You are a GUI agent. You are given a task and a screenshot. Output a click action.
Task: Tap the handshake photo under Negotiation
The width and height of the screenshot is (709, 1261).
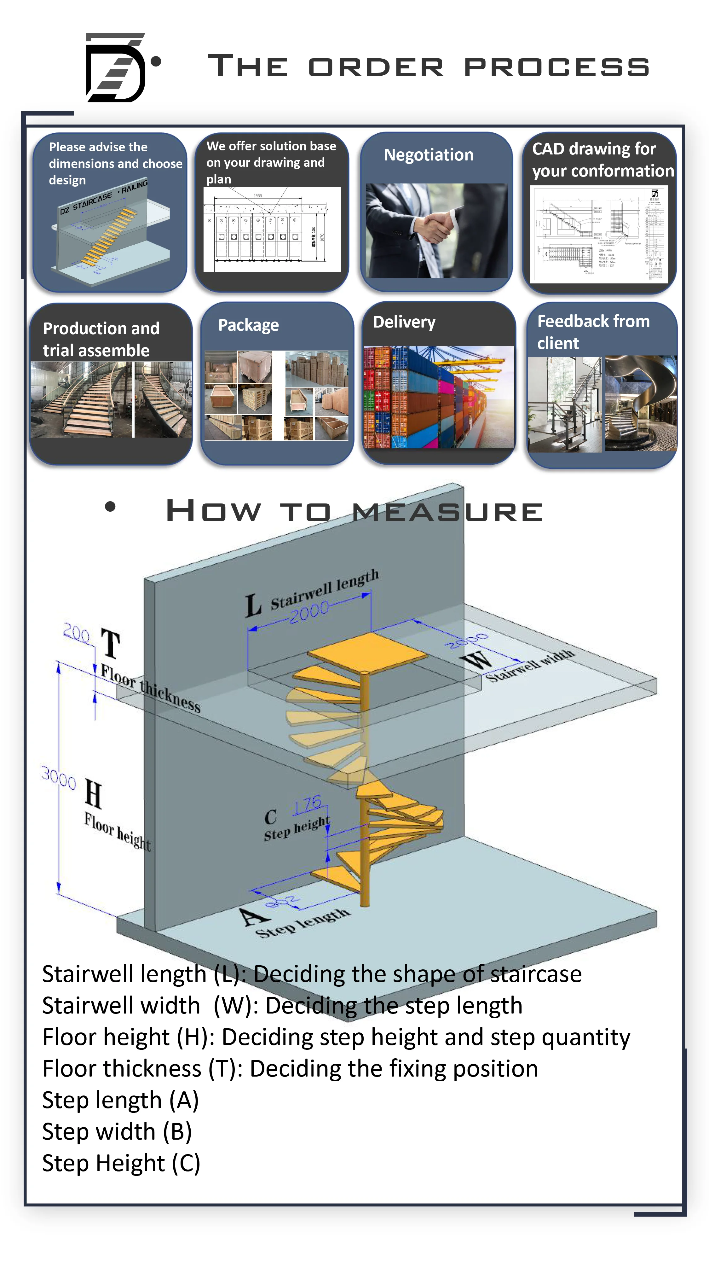[436, 230]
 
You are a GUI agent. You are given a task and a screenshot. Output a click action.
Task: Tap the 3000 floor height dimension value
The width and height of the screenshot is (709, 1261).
[59, 777]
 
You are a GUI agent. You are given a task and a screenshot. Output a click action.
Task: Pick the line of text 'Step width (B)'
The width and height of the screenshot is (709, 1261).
[117, 1132]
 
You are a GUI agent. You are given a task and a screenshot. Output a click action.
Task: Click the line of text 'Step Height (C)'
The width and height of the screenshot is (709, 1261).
[121, 1163]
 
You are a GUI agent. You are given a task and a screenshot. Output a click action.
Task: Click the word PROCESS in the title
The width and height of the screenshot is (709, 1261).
[556, 67]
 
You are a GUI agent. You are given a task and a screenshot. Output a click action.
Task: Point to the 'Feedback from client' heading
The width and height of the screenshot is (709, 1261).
[593, 332]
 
